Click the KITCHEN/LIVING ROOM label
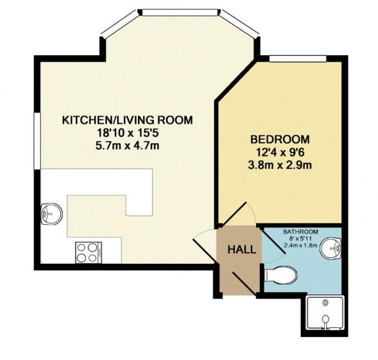[127, 120]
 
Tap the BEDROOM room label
[280, 139]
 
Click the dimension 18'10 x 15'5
[127, 133]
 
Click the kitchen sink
[49, 212]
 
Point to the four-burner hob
[87, 252]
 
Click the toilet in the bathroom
[281, 275]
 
